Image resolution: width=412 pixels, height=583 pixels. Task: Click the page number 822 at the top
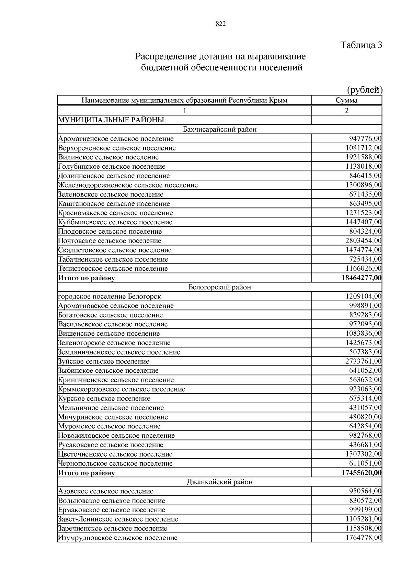[x=220, y=24]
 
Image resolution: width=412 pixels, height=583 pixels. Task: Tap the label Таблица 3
[x=361, y=45]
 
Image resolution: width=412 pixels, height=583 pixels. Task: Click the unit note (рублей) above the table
[x=365, y=90]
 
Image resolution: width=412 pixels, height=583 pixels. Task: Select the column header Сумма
[x=346, y=100]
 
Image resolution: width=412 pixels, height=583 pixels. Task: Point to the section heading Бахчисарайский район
[x=220, y=130]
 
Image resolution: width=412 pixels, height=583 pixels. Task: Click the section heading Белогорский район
[x=220, y=287]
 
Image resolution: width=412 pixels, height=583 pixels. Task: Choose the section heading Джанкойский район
[x=220, y=482]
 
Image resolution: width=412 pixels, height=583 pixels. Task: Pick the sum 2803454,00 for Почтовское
[x=363, y=240]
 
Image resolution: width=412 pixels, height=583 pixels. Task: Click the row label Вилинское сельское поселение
[x=108, y=157]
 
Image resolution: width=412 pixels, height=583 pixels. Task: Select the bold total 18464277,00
[x=362, y=278]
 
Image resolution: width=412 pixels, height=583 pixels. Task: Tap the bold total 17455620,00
[x=362, y=473]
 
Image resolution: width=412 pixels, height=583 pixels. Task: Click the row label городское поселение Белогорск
[x=110, y=296]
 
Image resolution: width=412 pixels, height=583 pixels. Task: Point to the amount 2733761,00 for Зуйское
[x=363, y=361]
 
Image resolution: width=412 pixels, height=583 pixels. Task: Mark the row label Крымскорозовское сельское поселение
[x=122, y=389]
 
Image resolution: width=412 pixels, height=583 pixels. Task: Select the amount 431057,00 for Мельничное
[x=365, y=408]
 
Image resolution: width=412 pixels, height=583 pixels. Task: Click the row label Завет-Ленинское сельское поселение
[x=118, y=519]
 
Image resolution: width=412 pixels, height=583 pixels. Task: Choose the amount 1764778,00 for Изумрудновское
[x=363, y=538]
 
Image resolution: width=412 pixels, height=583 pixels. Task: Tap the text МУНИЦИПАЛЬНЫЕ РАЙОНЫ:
[x=112, y=120]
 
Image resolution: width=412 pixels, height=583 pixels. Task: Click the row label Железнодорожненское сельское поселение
[x=128, y=185]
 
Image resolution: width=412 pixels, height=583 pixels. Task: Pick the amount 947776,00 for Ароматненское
[x=365, y=139]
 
